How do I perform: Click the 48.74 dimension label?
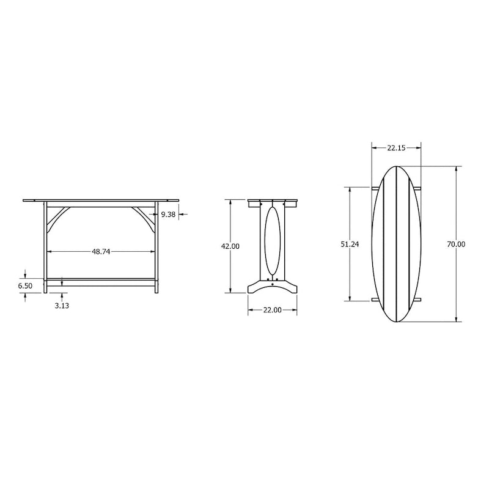pos(101,252)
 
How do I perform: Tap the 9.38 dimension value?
pos(169,215)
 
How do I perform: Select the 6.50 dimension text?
pos(25,285)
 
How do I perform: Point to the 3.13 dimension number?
pos(62,306)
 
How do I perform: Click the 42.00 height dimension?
pos(230,246)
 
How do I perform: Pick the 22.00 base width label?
pos(272,310)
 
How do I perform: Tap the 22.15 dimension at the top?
pos(396,148)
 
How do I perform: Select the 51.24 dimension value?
pos(350,244)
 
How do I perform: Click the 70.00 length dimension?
pos(456,244)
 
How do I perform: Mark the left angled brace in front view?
pos(56,218)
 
